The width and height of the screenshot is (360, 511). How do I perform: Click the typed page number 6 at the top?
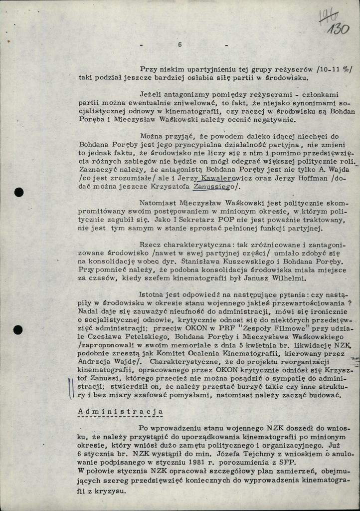click(x=180, y=44)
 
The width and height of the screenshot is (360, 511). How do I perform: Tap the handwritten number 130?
click(x=339, y=29)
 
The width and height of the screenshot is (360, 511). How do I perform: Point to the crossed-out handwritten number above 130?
click(x=329, y=16)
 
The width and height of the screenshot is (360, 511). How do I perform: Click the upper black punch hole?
click(x=19, y=192)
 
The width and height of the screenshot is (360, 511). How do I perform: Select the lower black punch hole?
click(x=18, y=329)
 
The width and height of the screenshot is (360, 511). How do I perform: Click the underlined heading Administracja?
click(x=121, y=412)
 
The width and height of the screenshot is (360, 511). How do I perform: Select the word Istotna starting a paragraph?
click(x=153, y=294)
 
